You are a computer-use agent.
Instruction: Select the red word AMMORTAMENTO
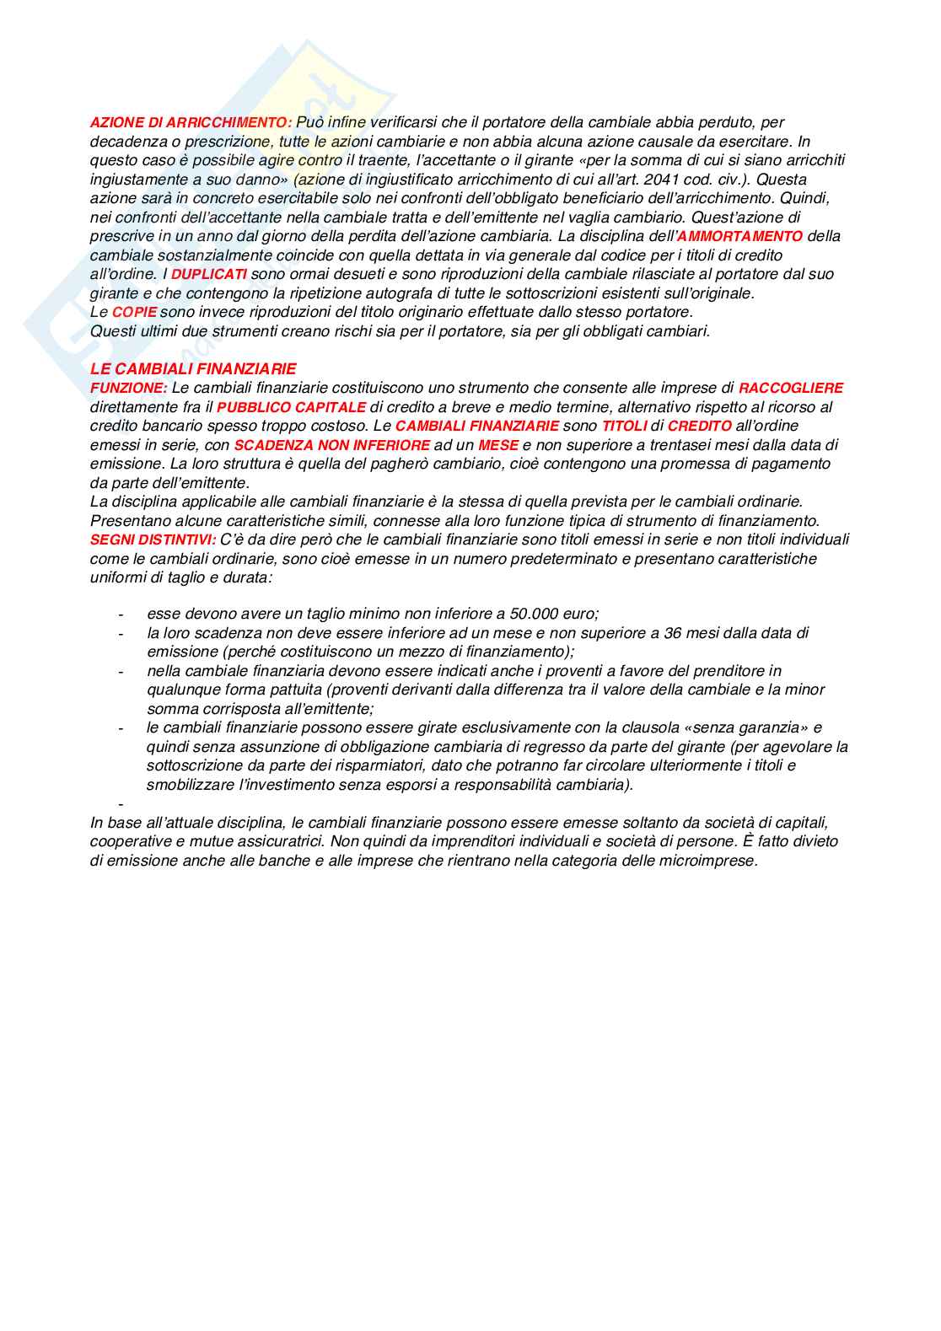pyautogui.click(x=740, y=237)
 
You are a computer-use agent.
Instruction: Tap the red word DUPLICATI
pyautogui.click(x=209, y=275)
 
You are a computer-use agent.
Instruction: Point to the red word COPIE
pyautogui.click(x=135, y=313)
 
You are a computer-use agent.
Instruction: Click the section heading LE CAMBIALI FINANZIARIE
pyautogui.click(x=193, y=369)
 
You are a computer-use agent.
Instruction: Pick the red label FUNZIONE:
pyautogui.click(x=129, y=389)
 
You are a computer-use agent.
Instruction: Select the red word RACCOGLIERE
pyautogui.click(x=791, y=389)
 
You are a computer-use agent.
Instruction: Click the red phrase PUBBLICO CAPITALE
pyautogui.click(x=291, y=407)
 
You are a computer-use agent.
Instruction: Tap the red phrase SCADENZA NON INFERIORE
pyautogui.click(x=332, y=445)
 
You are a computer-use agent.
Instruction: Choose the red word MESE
pyautogui.click(x=498, y=445)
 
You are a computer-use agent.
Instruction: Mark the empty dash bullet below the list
pyautogui.click(x=121, y=803)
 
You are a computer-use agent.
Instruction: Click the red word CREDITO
pyautogui.click(x=699, y=427)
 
